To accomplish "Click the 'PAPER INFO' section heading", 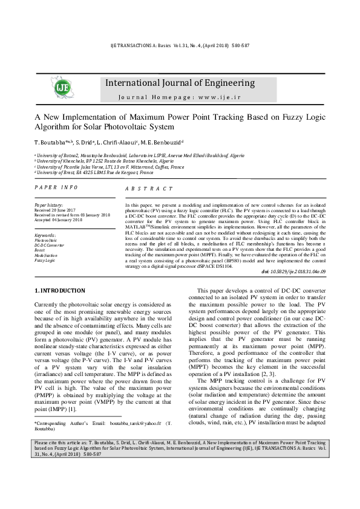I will point(56,188).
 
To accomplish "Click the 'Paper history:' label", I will point(49,206).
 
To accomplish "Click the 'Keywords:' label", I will point(46,235).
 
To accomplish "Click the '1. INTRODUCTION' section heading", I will point(60,291).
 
